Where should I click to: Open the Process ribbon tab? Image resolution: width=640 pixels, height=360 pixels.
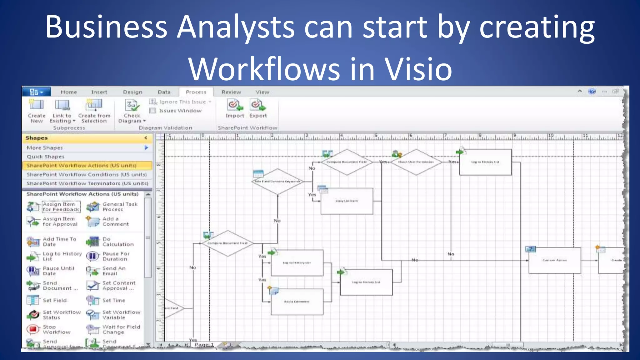click(196, 92)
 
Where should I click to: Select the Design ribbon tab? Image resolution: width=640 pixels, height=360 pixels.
click(132, 92)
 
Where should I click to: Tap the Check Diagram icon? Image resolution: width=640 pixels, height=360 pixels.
click(132, 105)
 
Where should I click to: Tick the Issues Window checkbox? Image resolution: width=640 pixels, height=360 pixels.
click(152, 111)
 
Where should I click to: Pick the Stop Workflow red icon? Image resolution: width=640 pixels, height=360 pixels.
click(33, 329)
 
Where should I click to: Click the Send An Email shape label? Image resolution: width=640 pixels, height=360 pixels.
click(114, 271)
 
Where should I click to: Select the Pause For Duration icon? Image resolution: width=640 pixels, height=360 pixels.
click(92, 256)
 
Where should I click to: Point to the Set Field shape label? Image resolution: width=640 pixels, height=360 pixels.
click(55, 300)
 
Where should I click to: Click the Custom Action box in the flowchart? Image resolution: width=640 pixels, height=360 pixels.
click(555, 260)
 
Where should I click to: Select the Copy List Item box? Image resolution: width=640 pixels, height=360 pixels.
click(347, 201)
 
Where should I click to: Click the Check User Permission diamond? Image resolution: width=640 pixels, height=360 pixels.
click(416, 162)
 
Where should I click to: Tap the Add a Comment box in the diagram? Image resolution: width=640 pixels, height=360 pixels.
click(297, 302)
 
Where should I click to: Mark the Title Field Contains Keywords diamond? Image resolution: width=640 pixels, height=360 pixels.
click(277, 181)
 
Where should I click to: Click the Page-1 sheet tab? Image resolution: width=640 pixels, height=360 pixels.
click(204, 345)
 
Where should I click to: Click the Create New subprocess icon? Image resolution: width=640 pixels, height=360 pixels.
click(36, 105)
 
